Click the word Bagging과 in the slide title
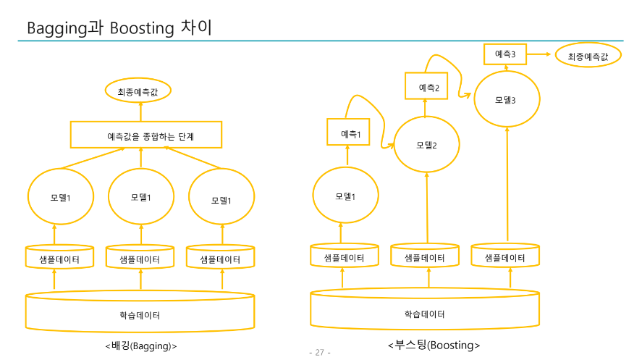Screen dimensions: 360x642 pos(67,28)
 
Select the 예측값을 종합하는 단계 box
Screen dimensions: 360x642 pos(145,135)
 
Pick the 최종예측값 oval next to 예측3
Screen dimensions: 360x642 pos(588,56)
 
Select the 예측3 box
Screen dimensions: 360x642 pos(504,54)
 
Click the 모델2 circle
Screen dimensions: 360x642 pos(426,145)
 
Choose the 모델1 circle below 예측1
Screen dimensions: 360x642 pos(345,196)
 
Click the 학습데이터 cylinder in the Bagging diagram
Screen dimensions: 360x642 pos(140,312)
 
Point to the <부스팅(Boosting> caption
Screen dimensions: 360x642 pos(434,345)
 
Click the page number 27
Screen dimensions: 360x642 pos(319,352)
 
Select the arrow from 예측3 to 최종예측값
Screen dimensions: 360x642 pos(540,54)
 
